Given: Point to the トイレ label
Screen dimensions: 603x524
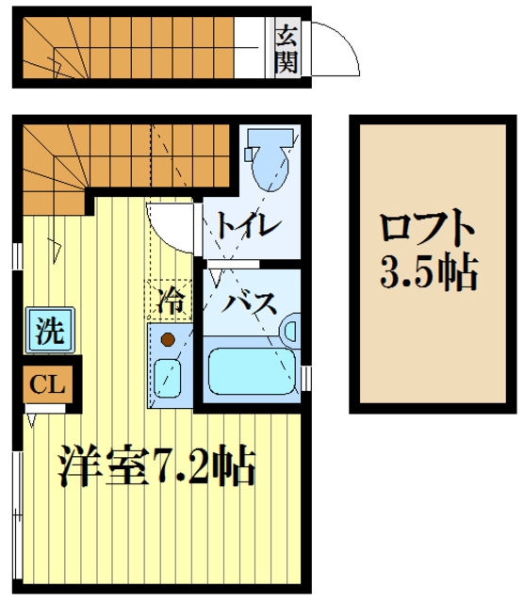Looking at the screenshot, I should tap(247, 226).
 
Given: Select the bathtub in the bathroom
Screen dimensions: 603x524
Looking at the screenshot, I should tap(251, 371).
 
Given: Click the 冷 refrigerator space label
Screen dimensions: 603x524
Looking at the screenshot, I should tap(171, 303).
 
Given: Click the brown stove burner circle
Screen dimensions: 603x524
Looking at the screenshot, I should tap(168, 338).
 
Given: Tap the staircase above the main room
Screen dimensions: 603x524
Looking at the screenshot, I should tap(123, 155).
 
